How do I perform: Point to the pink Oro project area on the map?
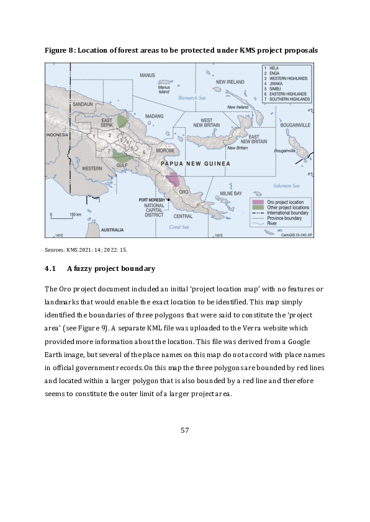[173, 180]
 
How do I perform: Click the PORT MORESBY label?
[151, 200]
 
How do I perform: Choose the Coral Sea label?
[179, 227]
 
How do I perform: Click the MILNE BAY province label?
[230, 194]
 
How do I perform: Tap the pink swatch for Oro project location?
[257, 202]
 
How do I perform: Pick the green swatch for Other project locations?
[257, 207]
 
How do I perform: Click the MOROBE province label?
[165, 151]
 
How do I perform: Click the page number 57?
[184, 430]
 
